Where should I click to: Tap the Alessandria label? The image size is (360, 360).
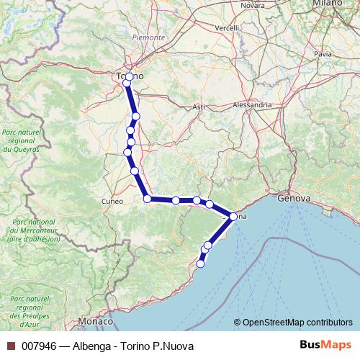click(x=252, y=104)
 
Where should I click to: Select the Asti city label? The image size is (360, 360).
click(x=199, y=107)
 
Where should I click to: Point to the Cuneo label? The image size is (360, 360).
click(x=113, y=201)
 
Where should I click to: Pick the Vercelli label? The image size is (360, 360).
click(x=227, y=28)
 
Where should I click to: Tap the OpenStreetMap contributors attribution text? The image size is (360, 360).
click(x=298, y=323)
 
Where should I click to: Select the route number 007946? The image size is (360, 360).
click(x=38, y=346)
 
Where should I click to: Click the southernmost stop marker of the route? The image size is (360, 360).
click(x=200, y=264)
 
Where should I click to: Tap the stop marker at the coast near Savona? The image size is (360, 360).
click(x=233, y=216)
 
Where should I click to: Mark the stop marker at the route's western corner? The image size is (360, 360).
click(x=147, y=198)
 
